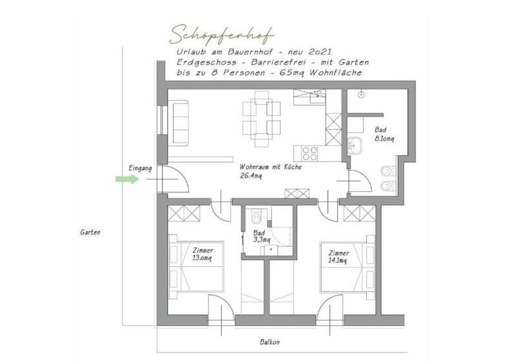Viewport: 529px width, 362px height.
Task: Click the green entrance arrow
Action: pyautogui.click(x=127, y=179)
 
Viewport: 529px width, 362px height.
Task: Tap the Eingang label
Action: pyautogui.click(x=140, y=168)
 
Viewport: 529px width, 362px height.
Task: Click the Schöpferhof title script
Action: pyautogui.click(x=222, y=35)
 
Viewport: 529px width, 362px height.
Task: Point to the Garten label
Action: pyautogui.click(x=90, y=233)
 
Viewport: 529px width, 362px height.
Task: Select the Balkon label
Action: pyautogui.click(x=270, y=342)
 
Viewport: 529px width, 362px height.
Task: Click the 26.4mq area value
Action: pyautogui.click(x=251, y=176)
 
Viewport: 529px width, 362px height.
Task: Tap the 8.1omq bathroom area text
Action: pyautogui.click(x=384, y=138)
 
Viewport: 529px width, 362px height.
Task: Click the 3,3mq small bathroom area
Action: pyautogui.click(x=261, y=240)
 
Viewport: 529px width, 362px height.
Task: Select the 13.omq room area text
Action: pyautogui.click(x=202, y=258)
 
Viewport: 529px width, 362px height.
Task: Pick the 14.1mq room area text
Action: pyautogui.click(x=337, y=261)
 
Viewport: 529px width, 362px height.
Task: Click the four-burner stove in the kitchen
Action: pyautogui.click(x=310, y=153)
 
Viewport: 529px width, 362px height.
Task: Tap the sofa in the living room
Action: pyautogui.click(x=180, y=123)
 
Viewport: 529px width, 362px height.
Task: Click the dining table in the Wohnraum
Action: pyautogui.click(x=261, y=119)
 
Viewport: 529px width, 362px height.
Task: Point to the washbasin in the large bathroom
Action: pyautogui.click(x=354, y=146)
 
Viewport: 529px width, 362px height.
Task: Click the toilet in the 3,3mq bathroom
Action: pyautogui.click(x=256, y=217)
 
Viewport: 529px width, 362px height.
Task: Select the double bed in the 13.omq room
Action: pyautogui.click(x=196, y=267)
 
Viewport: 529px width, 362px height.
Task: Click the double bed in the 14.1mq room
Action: pyautogui.click(x=348, y=267)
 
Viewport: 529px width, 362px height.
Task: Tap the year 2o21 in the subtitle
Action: pyautogui.click(x=320, y=52)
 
